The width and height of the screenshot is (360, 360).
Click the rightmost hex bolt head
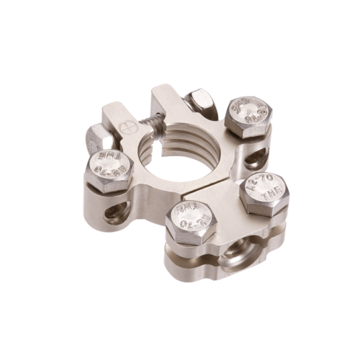point(264,192)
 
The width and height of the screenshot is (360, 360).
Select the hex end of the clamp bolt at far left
point(98,138)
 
